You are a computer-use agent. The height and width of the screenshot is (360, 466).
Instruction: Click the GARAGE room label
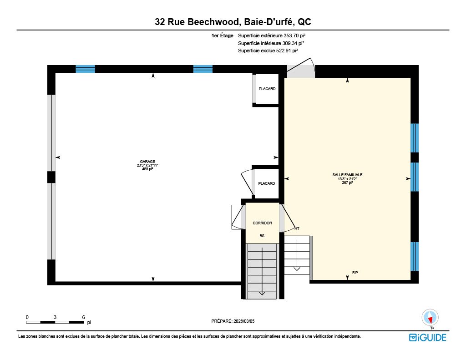click(x=147, y=162)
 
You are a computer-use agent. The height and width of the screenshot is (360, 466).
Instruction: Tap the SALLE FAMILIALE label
click(x=347, y=175)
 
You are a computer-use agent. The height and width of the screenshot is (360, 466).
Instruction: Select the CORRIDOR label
click(x=262, y=223)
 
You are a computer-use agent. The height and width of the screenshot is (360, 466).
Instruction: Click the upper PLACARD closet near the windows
click(x=267, y=89)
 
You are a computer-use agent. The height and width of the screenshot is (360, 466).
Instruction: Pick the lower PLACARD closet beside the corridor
click(x=267, y=183)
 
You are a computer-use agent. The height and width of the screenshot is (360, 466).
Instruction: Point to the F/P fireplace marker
click(x=355, y=273)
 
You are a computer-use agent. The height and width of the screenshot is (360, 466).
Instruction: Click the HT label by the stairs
click(x=297, y=228)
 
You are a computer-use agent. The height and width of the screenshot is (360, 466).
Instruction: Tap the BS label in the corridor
click(x=262, y=236)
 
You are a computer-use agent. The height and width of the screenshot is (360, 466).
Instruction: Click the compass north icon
click(x=430, y=318)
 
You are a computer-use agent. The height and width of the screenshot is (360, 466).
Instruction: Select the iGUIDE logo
click(x=428, y=337)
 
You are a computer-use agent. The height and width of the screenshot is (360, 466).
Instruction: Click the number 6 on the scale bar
click(x=84, y=317)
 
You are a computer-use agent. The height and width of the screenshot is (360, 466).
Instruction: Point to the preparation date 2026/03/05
click(x=244, y=321)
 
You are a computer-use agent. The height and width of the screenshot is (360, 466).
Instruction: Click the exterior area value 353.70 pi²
click(x=294, y=35)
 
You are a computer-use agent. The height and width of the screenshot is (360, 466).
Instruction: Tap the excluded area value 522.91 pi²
click(x=287, y=51)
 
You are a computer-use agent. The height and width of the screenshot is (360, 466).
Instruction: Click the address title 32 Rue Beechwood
click(x=197, y=22)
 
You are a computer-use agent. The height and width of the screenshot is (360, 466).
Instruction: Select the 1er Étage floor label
click(x=222, y=35)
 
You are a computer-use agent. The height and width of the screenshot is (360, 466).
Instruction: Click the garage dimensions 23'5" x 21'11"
click(x=147, y=165)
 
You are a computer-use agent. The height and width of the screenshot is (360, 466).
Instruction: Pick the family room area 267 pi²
click(x=347, y=183)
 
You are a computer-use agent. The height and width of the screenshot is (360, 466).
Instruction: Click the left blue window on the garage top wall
click(x=85, y=69)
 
